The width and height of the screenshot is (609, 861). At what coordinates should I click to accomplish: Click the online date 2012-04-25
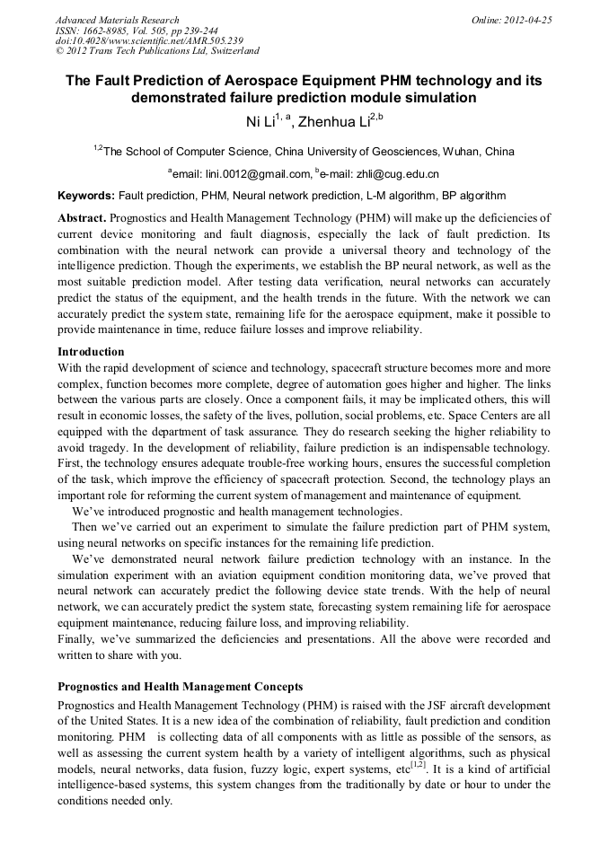click(527, 20)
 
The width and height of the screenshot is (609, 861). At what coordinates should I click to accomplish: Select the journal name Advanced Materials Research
click(117, 20)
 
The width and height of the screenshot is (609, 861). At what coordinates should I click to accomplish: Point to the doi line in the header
click(149, 41)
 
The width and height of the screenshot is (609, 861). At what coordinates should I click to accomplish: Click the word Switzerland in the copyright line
click(227, 52)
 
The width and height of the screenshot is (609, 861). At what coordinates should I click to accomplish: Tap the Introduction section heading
click(91, 351)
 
